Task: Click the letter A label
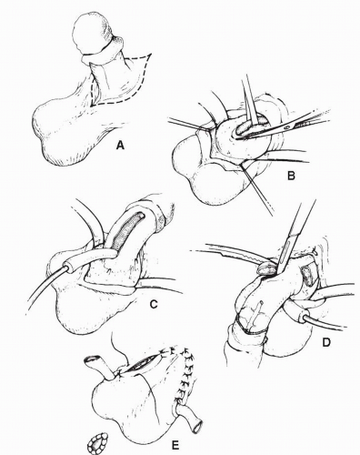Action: [x=120, y=147]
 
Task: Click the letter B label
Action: [x=291, y=176]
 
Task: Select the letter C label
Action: [x=154, y=304]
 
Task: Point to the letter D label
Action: [x=326, y=342]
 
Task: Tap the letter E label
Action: [x=175, y=446]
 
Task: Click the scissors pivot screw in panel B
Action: [x=287, y=127]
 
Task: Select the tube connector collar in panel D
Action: [x=304, y=318]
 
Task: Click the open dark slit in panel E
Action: [x=144, y=363]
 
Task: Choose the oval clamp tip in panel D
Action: [x=266, y=269]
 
